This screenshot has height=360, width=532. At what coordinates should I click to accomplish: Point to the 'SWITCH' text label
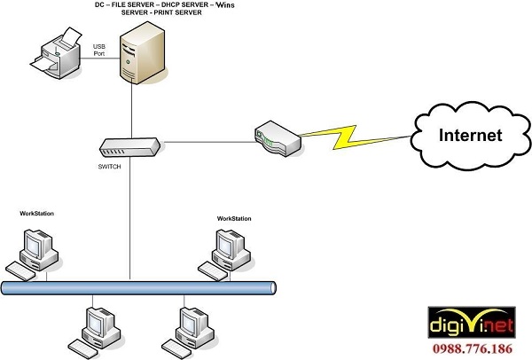(x=111, y=166)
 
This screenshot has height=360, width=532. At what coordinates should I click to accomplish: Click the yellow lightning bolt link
(x=355, y=138)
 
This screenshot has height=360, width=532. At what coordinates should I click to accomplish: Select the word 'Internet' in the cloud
(x=472, y=136)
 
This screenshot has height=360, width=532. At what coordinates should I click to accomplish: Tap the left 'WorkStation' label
(x=38, y=214)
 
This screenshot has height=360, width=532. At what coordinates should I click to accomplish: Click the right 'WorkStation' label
(x=234, y=217)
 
